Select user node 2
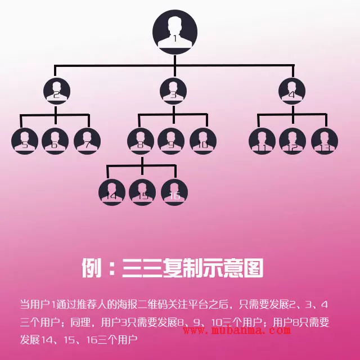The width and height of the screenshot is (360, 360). [56, 92]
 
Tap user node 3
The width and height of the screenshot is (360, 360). [173, 92]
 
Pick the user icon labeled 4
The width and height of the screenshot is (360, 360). [292, 92]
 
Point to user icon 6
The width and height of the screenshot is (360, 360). [55, 141]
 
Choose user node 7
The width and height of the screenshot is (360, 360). [87, 141]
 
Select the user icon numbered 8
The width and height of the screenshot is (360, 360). [141, 141]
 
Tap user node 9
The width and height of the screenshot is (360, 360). [171, 141]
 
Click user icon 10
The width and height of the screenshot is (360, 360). [203, 141]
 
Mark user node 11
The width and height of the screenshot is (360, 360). [262, 141]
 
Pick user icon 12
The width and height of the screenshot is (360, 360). [292, 141]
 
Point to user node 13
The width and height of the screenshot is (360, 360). [325, 141]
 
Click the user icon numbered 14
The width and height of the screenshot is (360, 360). [112, 192]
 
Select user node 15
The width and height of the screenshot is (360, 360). [142, 192]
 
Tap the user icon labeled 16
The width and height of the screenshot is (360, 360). [174, 192]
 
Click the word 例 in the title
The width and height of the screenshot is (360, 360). [91, 268]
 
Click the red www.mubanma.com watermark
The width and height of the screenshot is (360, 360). [236, 330]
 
